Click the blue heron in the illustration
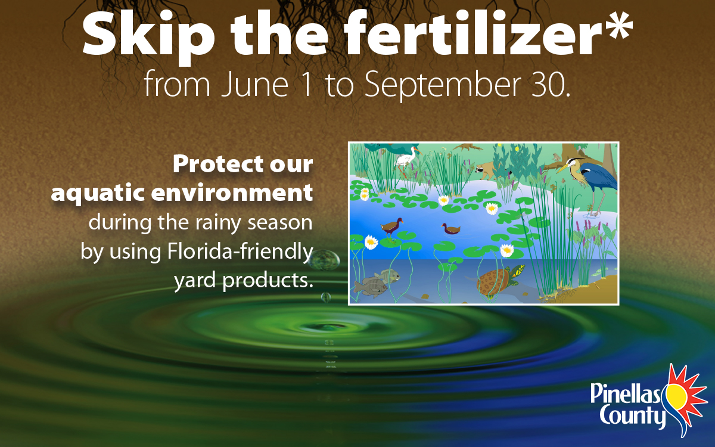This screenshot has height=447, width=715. pyautogui.click(x=590, y=179)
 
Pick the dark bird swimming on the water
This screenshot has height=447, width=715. pyautogui.click(x=450, y=229)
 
